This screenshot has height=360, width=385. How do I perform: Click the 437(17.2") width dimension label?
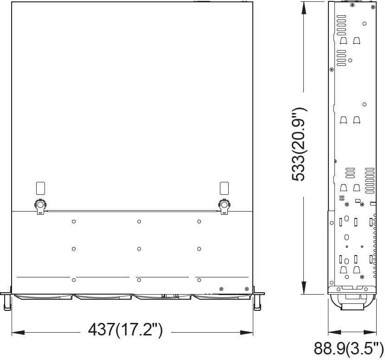click(125, 330)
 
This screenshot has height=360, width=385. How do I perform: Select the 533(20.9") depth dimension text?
click(299, 144)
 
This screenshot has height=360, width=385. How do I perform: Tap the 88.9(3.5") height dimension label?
click(349, 348)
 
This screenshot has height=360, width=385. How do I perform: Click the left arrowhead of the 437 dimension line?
click(18, 333)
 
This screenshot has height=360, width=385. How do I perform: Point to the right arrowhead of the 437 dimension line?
click(246, 333)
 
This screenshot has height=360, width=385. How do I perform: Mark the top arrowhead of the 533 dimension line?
click(304, 8)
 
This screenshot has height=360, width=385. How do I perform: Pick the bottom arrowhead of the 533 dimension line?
click(304, 288)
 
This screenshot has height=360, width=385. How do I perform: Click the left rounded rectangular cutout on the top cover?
click(40, 188)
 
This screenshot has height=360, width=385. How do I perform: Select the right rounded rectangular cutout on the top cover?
click(224, 188)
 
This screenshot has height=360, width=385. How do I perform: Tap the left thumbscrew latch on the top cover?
click(40, 206)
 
